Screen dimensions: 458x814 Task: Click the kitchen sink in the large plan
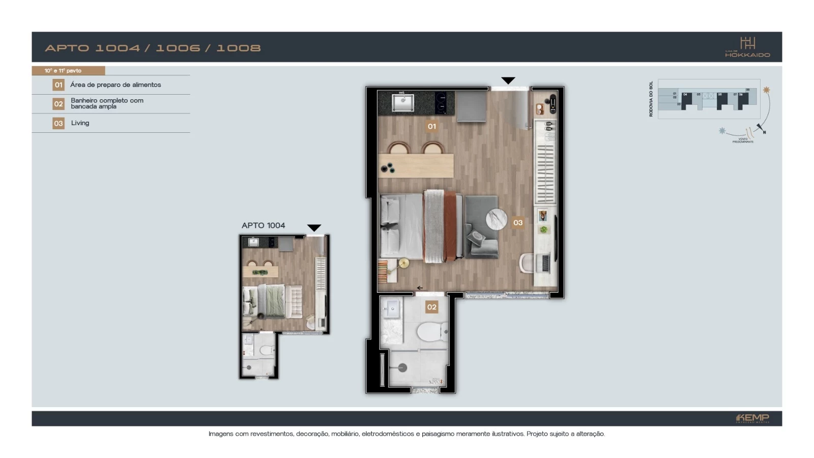403,102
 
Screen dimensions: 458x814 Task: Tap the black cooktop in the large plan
441,102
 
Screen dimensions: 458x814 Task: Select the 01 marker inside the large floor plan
431,126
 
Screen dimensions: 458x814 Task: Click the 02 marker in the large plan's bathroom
431,307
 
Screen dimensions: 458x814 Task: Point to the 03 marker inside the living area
518,222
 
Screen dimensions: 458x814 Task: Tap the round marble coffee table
497,220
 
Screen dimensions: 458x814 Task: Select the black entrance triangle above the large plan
508,80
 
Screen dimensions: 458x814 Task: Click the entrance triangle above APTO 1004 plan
314,227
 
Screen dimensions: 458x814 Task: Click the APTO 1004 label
263,225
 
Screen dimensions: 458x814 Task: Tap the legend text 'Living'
80,123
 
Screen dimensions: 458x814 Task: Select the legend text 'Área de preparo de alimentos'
115,85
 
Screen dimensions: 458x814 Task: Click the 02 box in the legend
59,104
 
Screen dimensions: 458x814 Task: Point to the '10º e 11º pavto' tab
63,71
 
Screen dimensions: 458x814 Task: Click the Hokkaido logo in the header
747,47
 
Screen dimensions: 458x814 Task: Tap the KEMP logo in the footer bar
752,418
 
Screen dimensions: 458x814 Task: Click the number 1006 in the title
178,48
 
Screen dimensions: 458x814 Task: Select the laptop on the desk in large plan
545,263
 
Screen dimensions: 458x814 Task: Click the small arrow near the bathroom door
420,288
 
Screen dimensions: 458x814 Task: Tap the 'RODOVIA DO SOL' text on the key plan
651,99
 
